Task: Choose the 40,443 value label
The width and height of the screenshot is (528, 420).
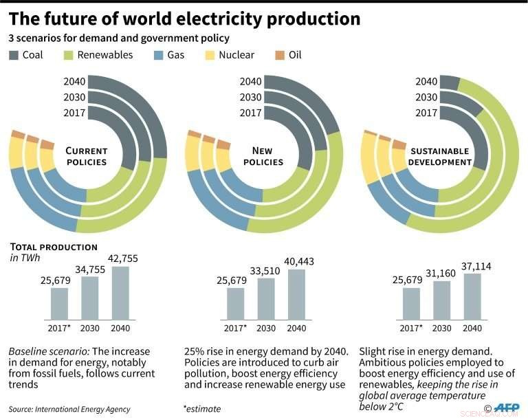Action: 296,263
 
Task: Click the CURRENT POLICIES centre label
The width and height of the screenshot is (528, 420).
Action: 86,156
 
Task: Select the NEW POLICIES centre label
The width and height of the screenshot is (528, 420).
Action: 263,156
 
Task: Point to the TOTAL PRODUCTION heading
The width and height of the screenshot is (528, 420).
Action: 53,247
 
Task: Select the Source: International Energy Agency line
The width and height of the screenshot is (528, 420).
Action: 69,409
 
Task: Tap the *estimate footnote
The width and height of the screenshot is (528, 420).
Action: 202,409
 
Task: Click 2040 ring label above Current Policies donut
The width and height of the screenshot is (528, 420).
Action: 74,81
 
